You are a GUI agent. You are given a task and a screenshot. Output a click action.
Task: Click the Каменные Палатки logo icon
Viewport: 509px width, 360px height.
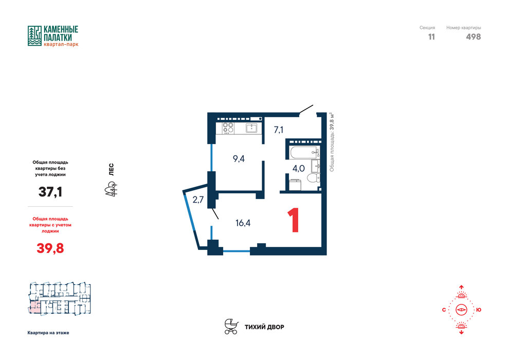(x=34, y=35)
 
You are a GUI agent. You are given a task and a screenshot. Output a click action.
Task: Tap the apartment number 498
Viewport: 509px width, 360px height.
(x=474, y=37)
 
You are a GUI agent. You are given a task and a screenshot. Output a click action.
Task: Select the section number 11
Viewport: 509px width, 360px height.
(x=431, y=37)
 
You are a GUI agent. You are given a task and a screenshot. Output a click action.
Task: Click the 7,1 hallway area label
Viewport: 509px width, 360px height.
(x=279, y=130)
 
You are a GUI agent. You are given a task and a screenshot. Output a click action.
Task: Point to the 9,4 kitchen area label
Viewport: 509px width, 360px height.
(x=239, y=159)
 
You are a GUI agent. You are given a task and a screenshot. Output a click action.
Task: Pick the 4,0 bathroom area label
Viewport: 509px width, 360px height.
(x=298, y=169)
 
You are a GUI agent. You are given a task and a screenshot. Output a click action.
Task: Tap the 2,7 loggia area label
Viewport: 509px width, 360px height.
(x=198, y=200)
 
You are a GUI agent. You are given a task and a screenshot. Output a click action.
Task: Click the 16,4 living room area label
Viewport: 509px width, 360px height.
(x=243, y=223)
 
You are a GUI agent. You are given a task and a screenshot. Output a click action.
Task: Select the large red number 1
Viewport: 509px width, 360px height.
(x=294, y=221)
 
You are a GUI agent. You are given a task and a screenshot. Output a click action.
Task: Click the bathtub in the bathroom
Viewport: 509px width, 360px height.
(x=304, y=152)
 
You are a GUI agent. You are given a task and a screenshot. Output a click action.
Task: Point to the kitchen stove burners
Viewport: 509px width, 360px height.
(x=228, y=128)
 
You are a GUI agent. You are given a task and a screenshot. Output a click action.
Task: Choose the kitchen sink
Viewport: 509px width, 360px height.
(x=251, y=128)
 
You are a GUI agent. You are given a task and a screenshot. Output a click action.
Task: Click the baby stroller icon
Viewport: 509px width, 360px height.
(x=231, y=327)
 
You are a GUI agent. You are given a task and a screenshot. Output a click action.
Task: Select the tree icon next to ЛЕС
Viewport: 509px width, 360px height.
(x=111, y=189)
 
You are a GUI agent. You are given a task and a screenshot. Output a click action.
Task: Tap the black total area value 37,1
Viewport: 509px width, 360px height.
(x=50, y=192)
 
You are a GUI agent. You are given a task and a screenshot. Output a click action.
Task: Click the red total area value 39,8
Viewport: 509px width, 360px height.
(x=50, y=248)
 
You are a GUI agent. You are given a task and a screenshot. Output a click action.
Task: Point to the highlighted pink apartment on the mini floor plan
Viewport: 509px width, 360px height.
(x=35, y=307)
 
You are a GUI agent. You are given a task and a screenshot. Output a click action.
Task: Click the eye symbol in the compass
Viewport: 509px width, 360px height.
(x=461, y=310)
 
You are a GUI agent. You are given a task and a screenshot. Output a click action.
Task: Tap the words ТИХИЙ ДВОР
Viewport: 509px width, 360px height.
(x=264, y=327)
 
